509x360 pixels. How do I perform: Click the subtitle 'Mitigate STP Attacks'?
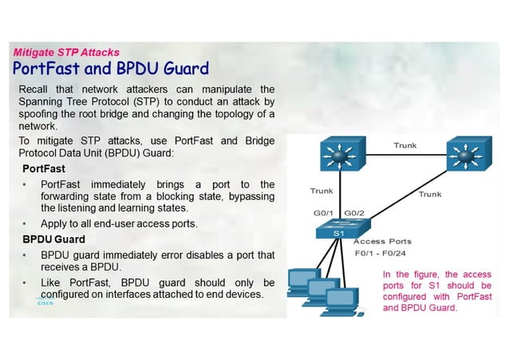66,53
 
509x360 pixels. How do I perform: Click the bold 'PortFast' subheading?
44,169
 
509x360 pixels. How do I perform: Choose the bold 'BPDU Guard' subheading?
53,239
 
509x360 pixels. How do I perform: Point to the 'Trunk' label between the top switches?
404,145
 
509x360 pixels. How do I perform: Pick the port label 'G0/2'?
354,213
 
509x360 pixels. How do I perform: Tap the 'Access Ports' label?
382,241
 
